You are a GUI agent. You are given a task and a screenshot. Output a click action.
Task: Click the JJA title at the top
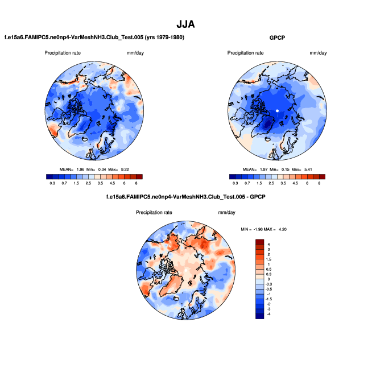pyautogui.click(x=186, y=24)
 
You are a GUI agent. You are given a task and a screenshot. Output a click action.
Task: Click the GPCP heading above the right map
pyautogui.click(x=277, y=37)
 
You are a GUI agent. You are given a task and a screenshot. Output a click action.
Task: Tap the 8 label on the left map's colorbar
pyautogui.click(x=137, y=184)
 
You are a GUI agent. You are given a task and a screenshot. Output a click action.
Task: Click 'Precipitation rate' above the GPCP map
pyautogui.click(x=245, y=53)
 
